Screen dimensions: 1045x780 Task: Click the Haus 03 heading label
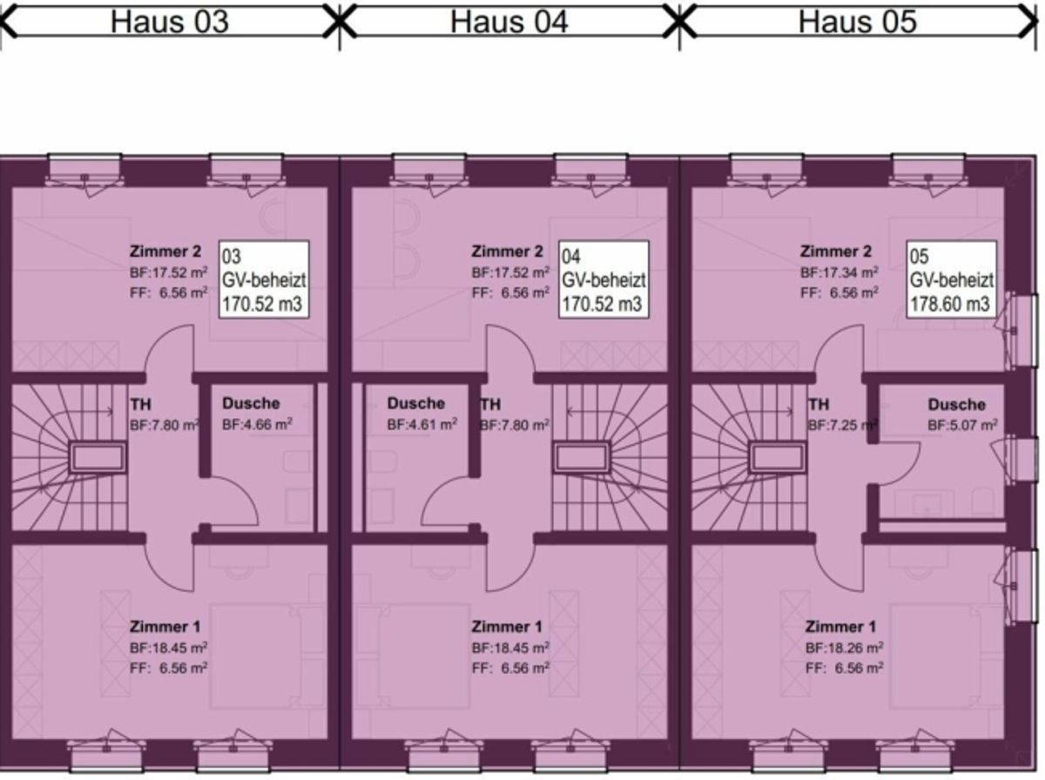point(170,22)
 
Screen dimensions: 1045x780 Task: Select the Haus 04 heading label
point(509,22)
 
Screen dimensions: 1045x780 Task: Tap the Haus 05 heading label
point(857,22)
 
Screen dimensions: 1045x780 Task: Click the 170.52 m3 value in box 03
point(262,304)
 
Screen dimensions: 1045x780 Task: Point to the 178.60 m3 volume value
point(950,304)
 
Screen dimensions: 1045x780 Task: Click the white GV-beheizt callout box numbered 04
point(603,279)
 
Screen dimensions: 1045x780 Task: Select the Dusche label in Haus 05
point(956,405)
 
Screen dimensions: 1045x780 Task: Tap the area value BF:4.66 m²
point(257,424)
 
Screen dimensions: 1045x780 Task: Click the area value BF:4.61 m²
point(421,424)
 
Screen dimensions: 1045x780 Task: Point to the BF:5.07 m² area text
point(962,425)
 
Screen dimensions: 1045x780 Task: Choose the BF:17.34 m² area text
point(839,272)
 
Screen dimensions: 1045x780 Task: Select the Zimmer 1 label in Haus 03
point(165,627)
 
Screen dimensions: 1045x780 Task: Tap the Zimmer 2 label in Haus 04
point(507,252)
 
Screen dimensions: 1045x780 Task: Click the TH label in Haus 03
point(140,405)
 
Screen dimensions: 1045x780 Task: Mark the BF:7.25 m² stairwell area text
point(843,425)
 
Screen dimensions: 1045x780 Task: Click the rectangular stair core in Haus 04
point(581,458)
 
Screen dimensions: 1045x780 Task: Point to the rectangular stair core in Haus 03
point(98,458)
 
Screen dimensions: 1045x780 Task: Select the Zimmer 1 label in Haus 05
point(840,627)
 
